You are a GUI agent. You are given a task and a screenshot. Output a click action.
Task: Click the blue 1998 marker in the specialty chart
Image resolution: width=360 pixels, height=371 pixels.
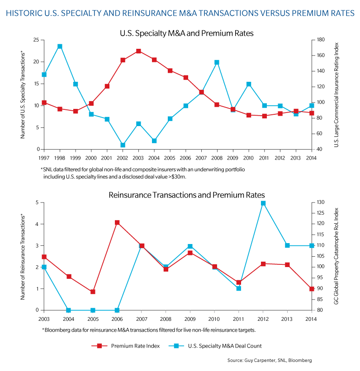[60, 47]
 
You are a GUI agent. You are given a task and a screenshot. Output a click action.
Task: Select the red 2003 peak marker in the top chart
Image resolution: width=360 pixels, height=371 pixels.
[138, 51]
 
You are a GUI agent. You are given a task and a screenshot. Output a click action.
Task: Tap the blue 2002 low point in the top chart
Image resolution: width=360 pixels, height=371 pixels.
[123, 145]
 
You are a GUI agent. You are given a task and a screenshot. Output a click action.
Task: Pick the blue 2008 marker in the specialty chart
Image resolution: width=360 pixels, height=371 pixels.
[217, 62]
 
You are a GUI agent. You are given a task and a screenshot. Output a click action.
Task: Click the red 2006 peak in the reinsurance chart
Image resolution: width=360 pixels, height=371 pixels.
[117, 222]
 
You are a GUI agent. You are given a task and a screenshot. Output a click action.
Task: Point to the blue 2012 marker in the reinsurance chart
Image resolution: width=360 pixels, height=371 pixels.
[263, 203]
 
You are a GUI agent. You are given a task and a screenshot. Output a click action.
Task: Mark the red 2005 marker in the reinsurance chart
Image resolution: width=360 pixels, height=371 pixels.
[93, 292]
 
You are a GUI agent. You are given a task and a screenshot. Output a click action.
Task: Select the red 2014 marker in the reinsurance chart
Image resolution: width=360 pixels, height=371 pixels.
[312, 289]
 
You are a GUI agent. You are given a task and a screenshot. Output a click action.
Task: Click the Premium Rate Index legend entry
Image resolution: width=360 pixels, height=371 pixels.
[126, 346]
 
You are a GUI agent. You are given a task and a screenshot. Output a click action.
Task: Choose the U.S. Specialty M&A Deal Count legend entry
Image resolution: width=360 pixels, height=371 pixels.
[215, 346]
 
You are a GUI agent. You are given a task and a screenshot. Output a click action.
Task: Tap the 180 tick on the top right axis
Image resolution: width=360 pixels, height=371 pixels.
[321, 39]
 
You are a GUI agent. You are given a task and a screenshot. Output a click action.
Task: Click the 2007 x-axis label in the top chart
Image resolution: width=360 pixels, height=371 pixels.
[201, 158]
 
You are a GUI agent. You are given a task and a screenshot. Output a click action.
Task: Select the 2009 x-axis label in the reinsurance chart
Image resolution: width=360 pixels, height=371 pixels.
[190, 319]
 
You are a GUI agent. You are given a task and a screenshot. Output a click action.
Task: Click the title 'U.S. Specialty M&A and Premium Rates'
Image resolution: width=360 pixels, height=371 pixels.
[187, 33]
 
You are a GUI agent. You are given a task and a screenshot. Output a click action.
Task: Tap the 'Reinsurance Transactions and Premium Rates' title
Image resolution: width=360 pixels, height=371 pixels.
[187, 195]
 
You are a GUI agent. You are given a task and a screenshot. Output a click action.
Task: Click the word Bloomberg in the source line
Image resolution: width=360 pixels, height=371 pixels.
[300, 360]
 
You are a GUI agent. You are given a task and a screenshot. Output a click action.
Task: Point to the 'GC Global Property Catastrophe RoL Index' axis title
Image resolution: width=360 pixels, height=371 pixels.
[336, 256]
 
